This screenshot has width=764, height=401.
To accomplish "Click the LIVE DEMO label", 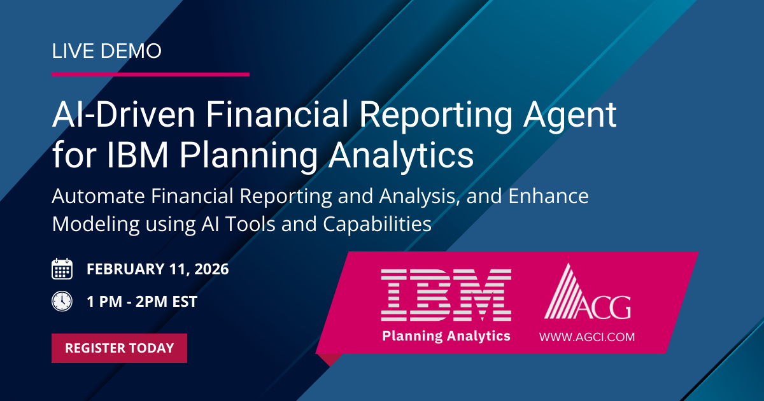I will (106, 51).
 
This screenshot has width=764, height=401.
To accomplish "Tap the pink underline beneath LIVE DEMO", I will (150, 74).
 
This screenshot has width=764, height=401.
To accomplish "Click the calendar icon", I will (62, 269).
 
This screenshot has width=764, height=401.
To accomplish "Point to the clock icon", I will (62, 301).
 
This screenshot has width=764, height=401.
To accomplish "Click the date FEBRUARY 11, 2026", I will (157, 269).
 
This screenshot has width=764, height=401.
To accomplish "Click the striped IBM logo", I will (446, 295).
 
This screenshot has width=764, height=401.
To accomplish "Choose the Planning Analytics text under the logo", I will (446, 335).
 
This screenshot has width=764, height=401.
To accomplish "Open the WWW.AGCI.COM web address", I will (586, 337).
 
